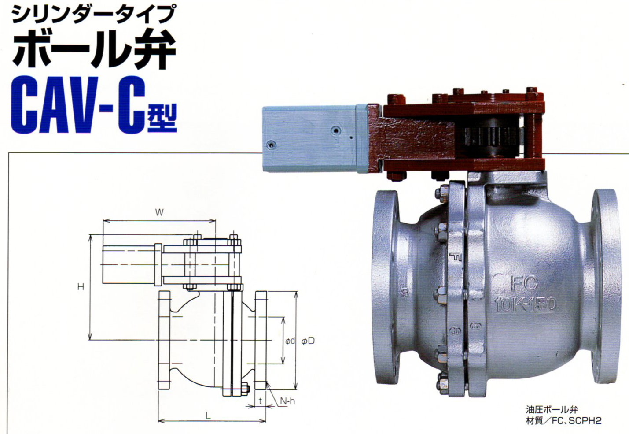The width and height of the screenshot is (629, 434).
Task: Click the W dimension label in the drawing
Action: [x=159, y=212]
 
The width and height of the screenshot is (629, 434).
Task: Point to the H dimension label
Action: [x=81, y=287]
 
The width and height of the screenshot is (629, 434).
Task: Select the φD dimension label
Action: [x=308, y=341]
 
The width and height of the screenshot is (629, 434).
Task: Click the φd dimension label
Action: [x=290, y=341]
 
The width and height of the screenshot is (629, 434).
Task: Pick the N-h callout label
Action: [x=287, y=401]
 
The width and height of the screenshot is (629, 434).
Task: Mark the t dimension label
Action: [x=261, y=401]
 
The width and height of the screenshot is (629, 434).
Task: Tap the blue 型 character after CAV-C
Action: [x=162, y=118]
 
